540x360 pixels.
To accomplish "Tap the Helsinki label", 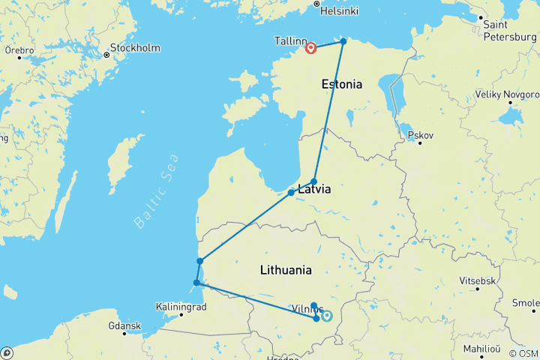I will (x=339, y=11).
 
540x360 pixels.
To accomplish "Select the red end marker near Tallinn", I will (x=310, y=49).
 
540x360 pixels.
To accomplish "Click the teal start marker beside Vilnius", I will (x=327, y=316).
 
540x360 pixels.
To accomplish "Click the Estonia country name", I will (x=341, y=85).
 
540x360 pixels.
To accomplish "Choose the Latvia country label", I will (x=315, y=190).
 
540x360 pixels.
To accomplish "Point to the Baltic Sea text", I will (x=157, y=191).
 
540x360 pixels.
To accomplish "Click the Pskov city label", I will (x=421, y=136).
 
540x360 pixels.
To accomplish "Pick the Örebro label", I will (x=19, y=50).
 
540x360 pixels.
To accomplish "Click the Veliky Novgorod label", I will (x=507, y=95).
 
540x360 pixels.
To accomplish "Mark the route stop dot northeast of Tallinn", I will (x=343, y=41).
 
